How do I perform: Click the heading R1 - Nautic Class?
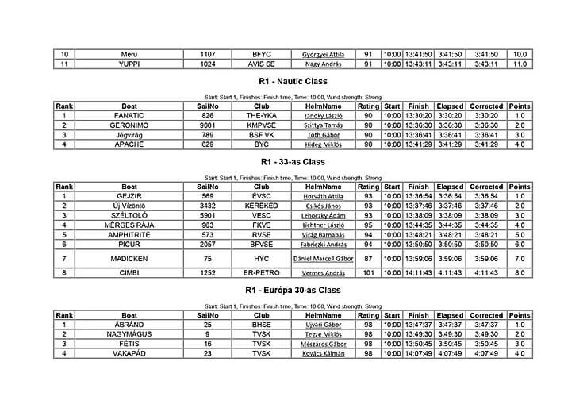(293, 81)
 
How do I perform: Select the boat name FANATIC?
(129, 115)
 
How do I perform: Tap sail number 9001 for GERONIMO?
(208, 125)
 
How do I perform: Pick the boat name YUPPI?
(129, 64)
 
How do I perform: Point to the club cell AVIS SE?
(261, 64)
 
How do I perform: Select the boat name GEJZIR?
(129, 195)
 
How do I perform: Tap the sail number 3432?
(208, 206)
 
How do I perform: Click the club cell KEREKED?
(261, 206)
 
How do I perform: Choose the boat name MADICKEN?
(129, 258)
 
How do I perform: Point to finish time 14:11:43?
(417, 273)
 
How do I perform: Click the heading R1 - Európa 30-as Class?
(293, 291)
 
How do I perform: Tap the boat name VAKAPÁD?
(129, 354)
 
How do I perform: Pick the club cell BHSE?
(261, 325)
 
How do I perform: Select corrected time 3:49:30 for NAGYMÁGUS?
(485, 334)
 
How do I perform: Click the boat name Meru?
(129, 54)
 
